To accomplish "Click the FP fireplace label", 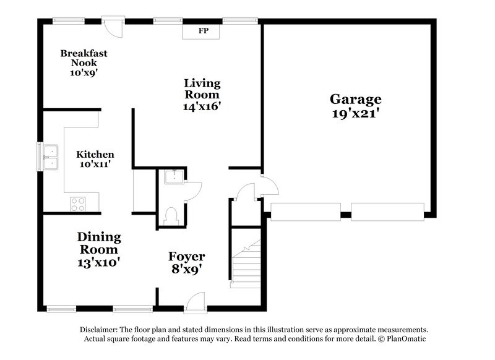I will click(202, 30).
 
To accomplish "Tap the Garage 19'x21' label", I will click(355, 106).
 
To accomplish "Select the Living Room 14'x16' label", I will click(202, 94).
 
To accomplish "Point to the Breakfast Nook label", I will click(84, 62).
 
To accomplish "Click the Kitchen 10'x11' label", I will click(95, 159).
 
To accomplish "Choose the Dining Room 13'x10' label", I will click(99, 249).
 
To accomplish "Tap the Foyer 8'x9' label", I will click(187, 262).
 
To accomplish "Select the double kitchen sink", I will click(49, 156).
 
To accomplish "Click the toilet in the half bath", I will click(171, 214).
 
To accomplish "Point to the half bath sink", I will click(173, 177).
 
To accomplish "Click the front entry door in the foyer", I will click(195, 301).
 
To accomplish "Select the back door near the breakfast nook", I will click(113, 26).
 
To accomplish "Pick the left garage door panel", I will click(306, 212).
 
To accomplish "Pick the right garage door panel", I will click(387, 212).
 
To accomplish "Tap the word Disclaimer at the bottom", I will click(99, 330).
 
